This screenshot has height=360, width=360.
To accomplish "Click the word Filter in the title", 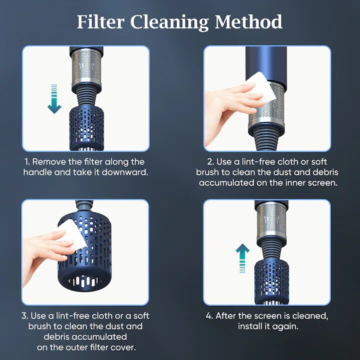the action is (x=100, y=22).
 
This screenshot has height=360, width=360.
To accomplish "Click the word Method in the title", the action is (x=248, y=22).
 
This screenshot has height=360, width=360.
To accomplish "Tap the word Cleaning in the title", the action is (x=169, y=23).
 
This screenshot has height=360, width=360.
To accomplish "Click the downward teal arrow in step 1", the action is (x=54, y=99).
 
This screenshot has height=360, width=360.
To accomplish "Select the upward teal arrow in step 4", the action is (x=242, y=258).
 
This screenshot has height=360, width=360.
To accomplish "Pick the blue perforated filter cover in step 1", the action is (x=86, y=127).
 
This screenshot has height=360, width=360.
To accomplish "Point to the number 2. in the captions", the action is (x=210, y=162).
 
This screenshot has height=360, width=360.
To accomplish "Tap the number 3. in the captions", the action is (x=25, y=316).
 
